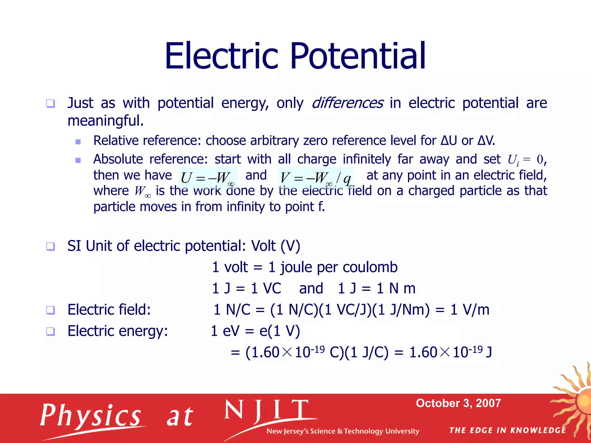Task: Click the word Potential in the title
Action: coord(358,56)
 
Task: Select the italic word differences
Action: coord(347,103)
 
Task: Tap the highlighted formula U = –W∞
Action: coord(208,177)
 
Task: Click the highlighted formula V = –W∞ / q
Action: coord(315,177)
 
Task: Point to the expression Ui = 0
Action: coord(525,159)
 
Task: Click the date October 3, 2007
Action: coord(458,403)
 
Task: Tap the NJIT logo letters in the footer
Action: coord(267,411)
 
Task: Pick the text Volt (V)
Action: coord(276,246)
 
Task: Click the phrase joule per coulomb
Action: coord(339,267)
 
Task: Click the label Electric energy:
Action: coord(118,331)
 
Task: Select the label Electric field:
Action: coord(109,310)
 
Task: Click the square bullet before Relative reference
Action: coord(78,142)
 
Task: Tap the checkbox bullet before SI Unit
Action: coord(51,246)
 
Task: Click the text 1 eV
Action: coord(225,331)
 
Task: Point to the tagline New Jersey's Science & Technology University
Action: coord(343,431)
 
